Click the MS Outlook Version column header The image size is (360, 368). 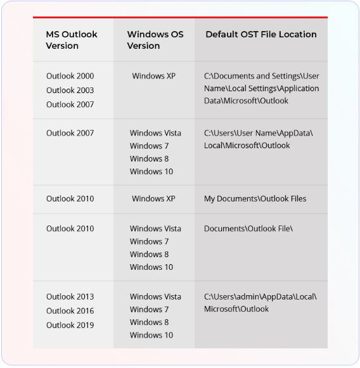[72, 40]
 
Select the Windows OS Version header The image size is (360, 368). [155, 40]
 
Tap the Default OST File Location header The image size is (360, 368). [260, 34]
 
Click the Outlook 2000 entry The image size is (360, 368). [70, 76]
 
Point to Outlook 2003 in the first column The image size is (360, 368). [70, 90]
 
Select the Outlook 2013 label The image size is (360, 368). [70, 296]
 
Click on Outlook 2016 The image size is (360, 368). [70, 310]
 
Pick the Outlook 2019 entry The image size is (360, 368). [70, 325]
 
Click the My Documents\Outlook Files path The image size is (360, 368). [255, 198]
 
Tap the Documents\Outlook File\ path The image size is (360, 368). [248, 229]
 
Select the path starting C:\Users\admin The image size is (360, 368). [260, 302]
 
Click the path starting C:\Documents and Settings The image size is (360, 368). [261, 88]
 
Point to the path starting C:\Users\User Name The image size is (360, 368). [258, 139]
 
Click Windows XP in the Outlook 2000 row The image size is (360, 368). [153, 76]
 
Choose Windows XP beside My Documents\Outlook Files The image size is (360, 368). [153, 198]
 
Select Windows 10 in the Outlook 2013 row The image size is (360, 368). [151, 335]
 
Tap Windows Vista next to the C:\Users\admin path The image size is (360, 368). [155, 296]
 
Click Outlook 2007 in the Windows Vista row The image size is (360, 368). [70, 133]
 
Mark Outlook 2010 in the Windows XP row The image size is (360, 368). [70, 198]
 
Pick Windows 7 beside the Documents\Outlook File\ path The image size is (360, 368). [149, 241]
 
